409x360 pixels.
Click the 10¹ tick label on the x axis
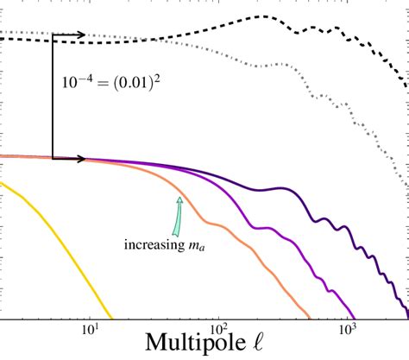(90, 328)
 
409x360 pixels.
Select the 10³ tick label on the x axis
(348, 328)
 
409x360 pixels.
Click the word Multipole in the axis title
(180, 346)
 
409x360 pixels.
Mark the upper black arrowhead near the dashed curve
(80, 35)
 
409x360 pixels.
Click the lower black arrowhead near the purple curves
(80, 158)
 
